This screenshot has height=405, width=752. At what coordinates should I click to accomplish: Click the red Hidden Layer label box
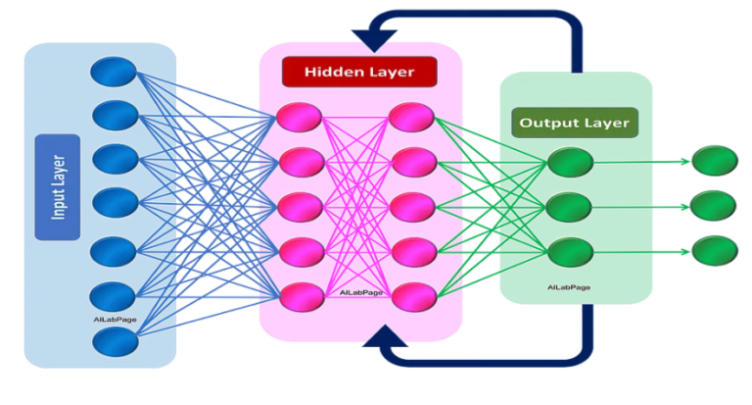click(358, 72)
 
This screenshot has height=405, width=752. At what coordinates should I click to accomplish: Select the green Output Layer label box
click(575, 124)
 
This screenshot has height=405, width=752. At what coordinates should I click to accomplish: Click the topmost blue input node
click(113, 71)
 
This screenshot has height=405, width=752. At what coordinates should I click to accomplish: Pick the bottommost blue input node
click(116, 341)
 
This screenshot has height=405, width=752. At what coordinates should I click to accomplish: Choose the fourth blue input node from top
click(115, 202)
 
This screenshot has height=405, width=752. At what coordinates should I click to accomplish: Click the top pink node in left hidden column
click(301, 117)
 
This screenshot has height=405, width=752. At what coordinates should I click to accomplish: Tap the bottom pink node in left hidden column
click(301, 294)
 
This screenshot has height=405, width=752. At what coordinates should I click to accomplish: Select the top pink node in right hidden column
click(411, 117)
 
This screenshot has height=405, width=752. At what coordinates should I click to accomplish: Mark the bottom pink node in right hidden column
click(412, 294)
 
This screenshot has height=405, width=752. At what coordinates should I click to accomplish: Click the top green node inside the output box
click(570, 163)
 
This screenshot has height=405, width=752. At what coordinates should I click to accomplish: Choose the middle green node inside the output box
click(570, 207)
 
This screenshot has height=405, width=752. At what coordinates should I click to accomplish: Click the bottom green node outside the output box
click(714, 249)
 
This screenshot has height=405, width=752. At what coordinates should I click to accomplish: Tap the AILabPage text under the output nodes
click(569, 288)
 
